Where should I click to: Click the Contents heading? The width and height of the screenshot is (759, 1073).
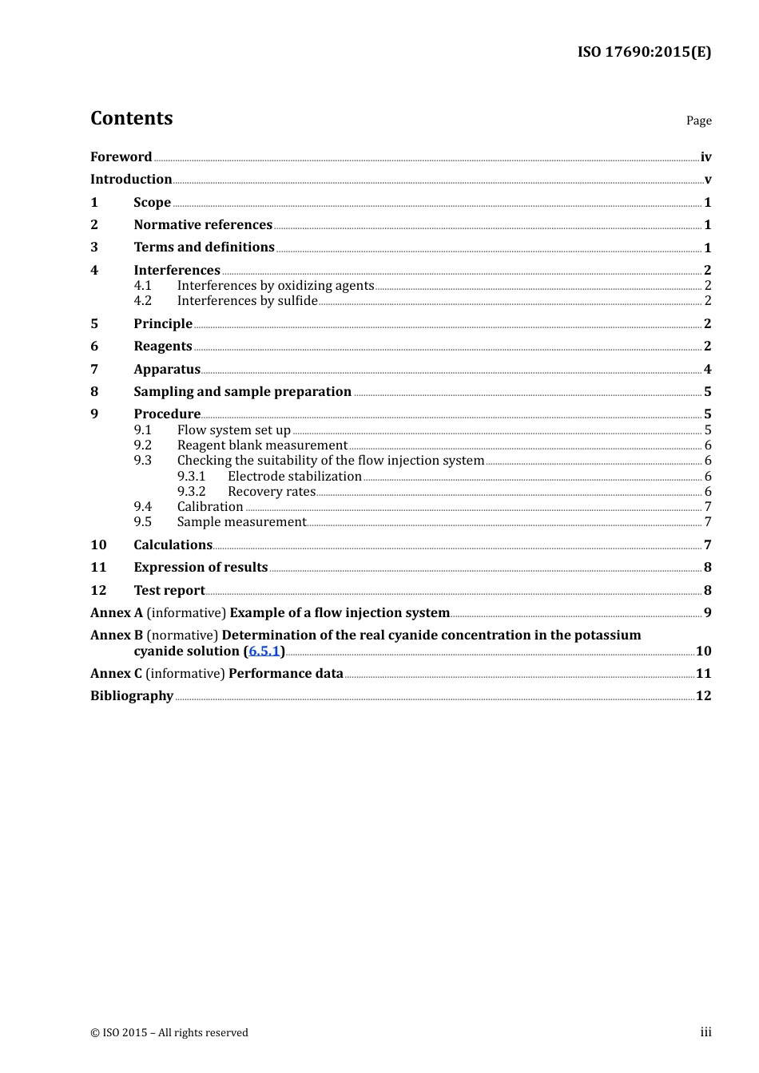coord(131,118)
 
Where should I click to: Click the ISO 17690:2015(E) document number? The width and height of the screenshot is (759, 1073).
coord(644,52)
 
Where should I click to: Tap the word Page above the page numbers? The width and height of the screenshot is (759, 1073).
coord(698,121)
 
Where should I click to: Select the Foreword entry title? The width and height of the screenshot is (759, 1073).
coord(121,157)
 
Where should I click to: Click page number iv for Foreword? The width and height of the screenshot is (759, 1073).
coord(705,157)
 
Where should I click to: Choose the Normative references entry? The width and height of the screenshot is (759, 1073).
coord(203,225)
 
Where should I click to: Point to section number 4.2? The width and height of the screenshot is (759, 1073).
coord(142,301)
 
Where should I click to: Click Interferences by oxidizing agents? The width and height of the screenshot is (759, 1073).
coord(276,286)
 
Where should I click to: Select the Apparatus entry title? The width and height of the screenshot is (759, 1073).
coord(167,370)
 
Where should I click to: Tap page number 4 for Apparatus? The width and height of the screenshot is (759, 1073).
coord(707,370)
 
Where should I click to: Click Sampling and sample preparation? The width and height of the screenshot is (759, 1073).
coord(242,392)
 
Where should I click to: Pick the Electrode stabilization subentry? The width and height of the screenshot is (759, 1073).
coord(294,477)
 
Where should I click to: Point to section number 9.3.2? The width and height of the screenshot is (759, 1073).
coord(191,492)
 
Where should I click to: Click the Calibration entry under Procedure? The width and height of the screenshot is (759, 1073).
coord(210,507)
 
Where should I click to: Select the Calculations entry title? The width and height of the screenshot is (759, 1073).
coord(173,545)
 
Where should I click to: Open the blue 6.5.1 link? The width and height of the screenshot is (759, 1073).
coord(264,651)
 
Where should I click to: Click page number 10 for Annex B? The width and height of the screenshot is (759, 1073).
coord(703,651)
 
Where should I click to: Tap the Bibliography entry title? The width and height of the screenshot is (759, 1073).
coord(132,696)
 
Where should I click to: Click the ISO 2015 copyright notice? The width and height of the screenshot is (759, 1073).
coord(169,1033)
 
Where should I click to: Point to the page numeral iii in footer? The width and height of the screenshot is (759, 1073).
coord(705,1032)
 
